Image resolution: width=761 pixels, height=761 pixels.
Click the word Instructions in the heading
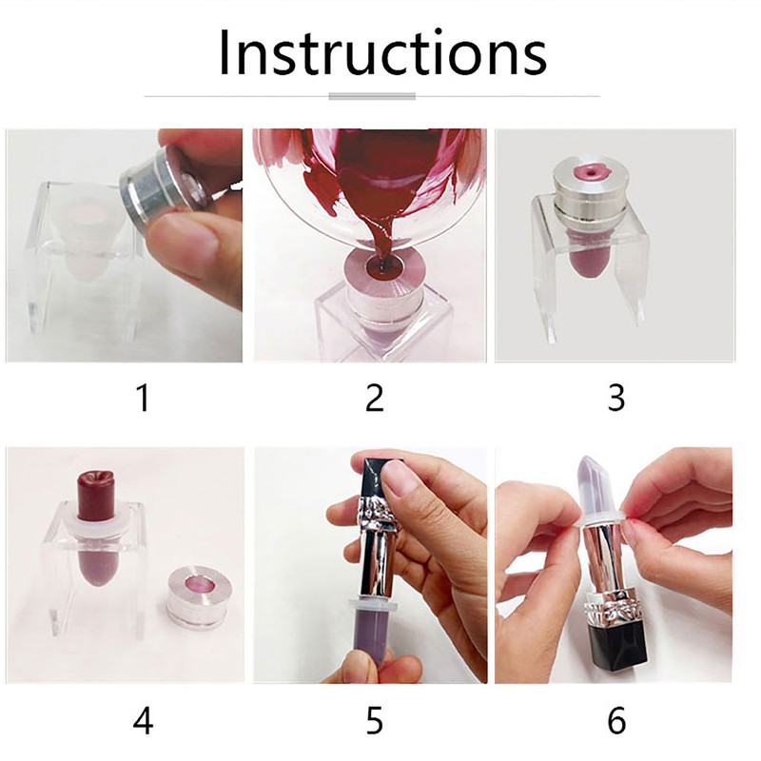click(x=381, y=53)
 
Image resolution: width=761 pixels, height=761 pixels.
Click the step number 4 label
click(x=142, y=720)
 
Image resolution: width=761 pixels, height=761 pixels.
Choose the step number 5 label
click(x=374, y=720)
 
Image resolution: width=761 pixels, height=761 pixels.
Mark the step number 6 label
click(x=615, y=720)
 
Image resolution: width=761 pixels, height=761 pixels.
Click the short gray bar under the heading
click(x=372, y=96)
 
